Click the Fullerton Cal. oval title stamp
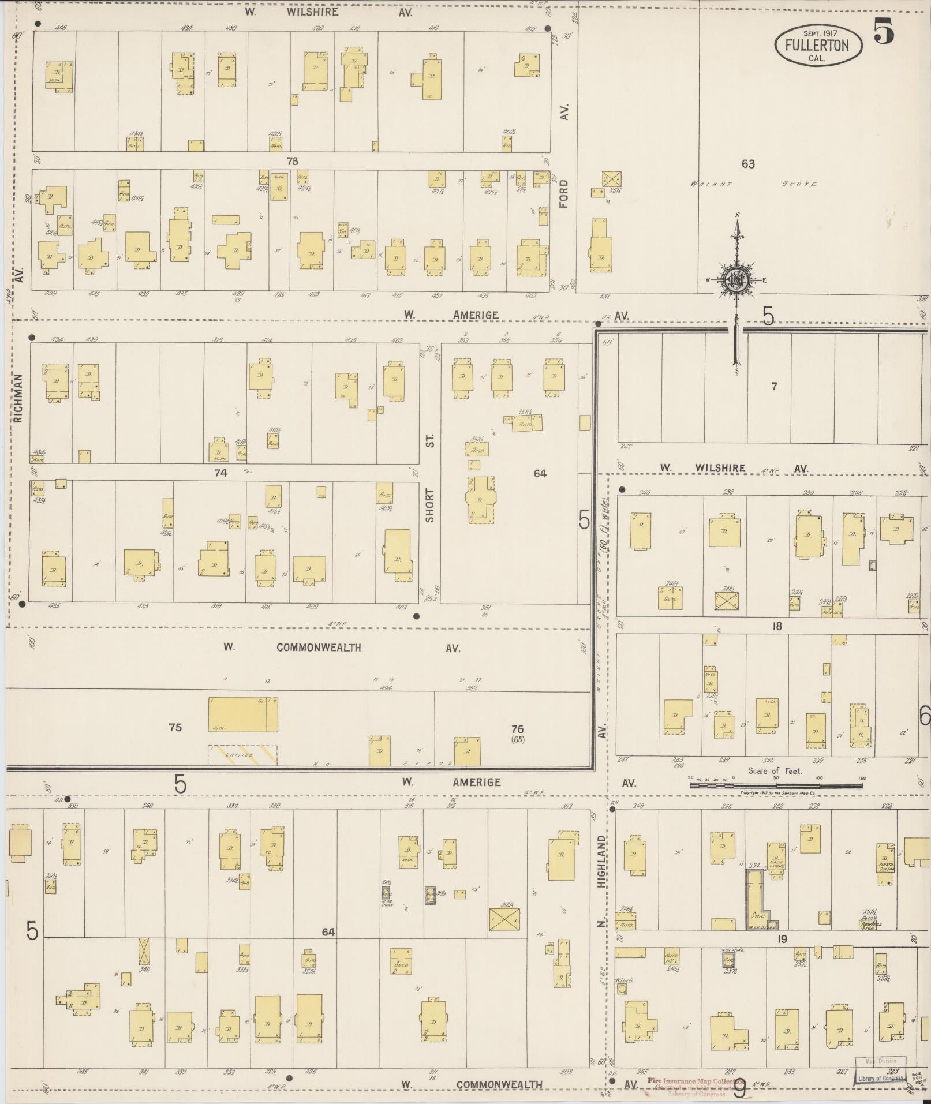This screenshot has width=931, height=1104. (818, 44)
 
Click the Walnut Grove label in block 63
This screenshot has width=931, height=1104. (753, 184)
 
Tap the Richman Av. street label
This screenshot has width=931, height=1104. (18, 398)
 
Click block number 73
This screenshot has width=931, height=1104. (292, 161)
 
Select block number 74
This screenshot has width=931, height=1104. (221, 473)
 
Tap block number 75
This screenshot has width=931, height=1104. (175, 727)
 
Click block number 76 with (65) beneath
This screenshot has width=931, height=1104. (518, 733)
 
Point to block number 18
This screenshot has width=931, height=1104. (777, 626)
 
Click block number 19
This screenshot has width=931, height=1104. (782, 939)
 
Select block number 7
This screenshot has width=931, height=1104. (774, 386)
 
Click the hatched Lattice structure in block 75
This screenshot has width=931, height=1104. (242, 754)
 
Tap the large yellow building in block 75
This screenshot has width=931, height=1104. (242, 714)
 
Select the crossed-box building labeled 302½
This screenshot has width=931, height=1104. (504, 919)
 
